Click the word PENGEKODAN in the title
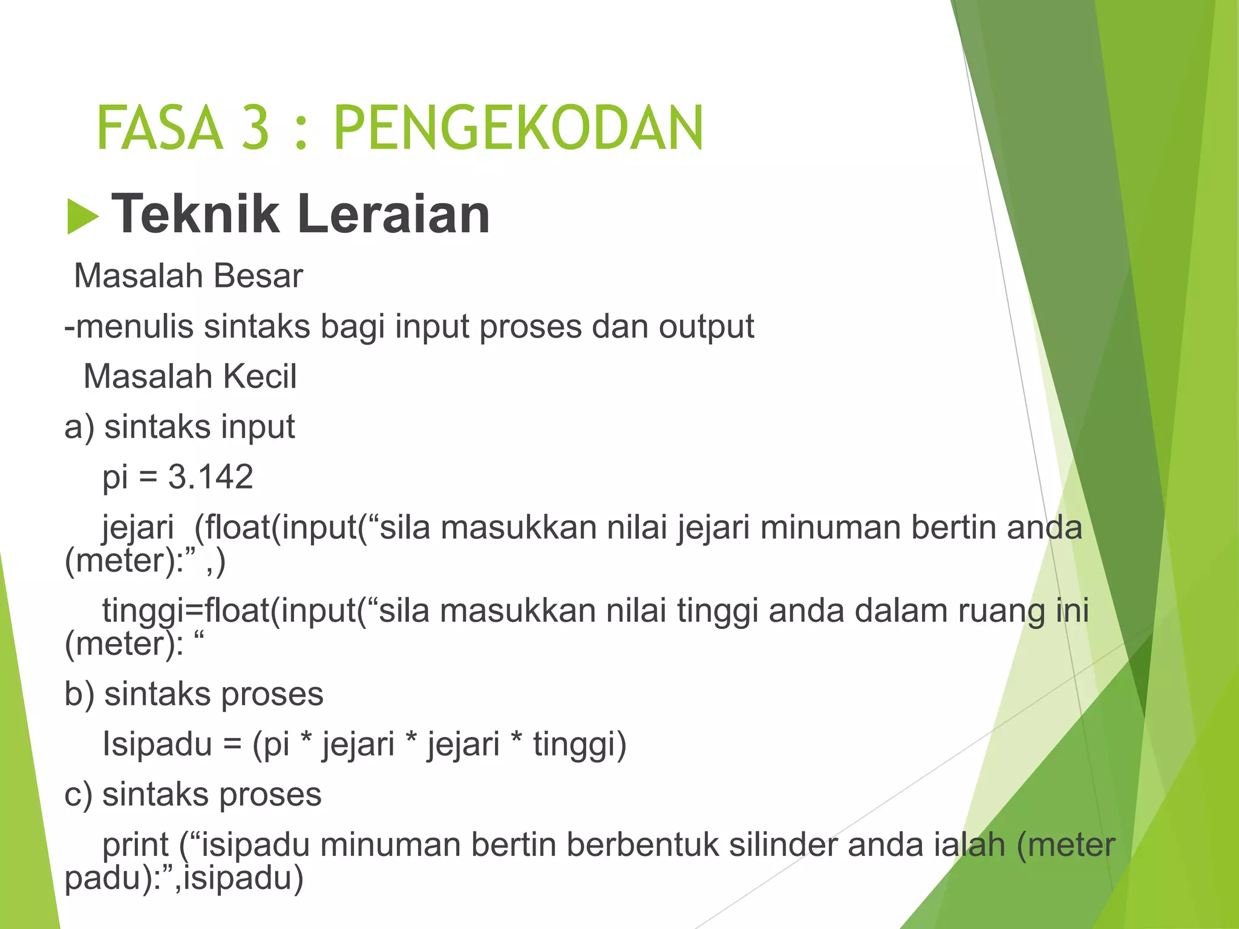(518, 128)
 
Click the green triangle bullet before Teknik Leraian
(82, 216)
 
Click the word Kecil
(260, 377)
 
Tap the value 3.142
(211, 477)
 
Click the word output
(706, 327)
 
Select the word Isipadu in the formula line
(157, 743)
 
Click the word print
(136, 845)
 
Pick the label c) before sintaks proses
(79, 794)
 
